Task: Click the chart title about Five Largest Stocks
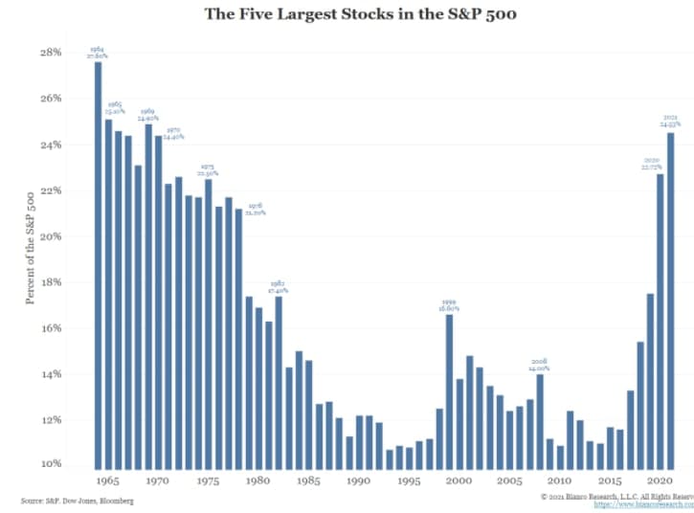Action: (x=347, y=14)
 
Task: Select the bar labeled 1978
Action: (x=237, y=336)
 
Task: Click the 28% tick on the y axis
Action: (x=50, y=53)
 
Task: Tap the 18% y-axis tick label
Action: (x=50, y=282)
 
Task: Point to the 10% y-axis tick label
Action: (x=50, y=464)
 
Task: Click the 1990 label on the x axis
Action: (x=358, y=481)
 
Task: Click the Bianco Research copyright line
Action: (x=616, y=496)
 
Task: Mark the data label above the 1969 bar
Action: (x=148, y=115)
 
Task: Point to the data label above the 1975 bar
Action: (x=209, y=170)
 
